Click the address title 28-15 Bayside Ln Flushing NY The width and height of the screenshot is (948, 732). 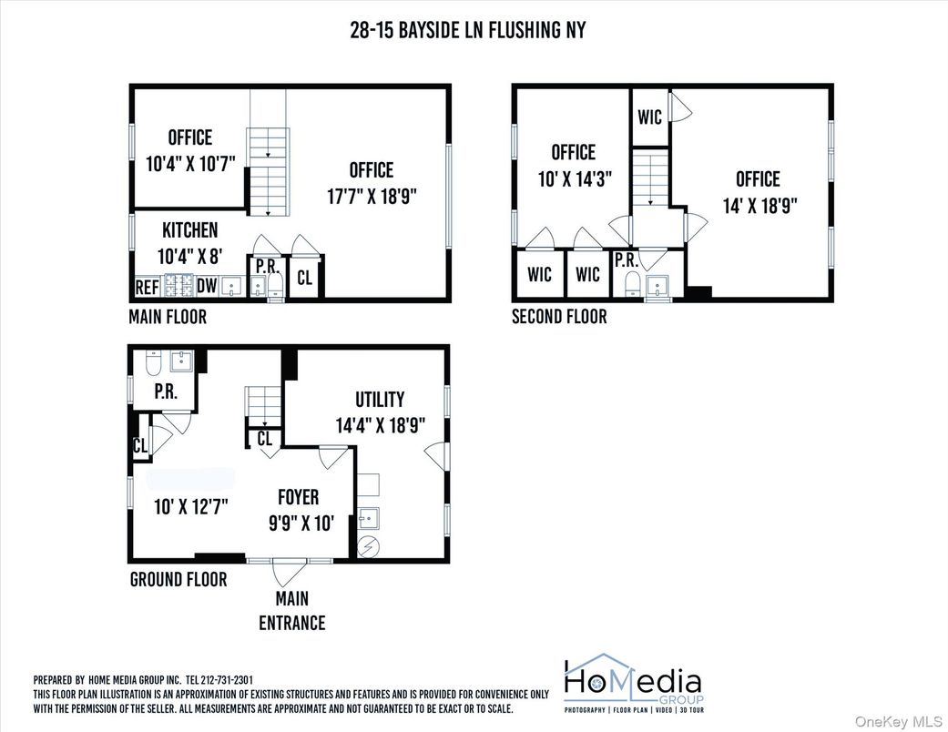pyautogui.click(x=467, y=30)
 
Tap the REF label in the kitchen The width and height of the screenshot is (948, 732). pyautogui.click(x=148, y=287)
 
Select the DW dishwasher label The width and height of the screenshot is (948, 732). pyautogui.click(x=207, y=287)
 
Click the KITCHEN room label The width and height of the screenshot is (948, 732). pyautogui.click(x=189, y=229)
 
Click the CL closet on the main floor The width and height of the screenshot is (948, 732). pyautogui.click(x=304, y=278)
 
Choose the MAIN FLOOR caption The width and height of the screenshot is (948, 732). pyautogui.click(x=168, y=317)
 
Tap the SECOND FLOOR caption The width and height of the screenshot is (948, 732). pyautogui.click(x=558, y=317)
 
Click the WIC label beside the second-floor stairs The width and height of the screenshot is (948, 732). pyautogui.click(x=649, y=117)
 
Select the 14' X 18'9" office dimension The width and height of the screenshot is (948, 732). pyautogui.click(x=758, y=205)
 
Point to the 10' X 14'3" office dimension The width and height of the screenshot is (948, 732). pyautogui.click(x=573, y=178)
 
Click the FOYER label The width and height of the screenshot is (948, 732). pyautogui.click(x=298, y=497)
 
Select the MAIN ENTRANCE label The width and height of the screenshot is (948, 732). pyautogui.click(x=291, y=611)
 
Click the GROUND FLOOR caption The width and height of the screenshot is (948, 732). pyautogui.click(x=178, y=579)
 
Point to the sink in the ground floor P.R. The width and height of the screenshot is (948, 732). pyautogui.click(x=180, y=362)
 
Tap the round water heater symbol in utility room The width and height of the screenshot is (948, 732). pyautogui.click(x=371, y=546)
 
